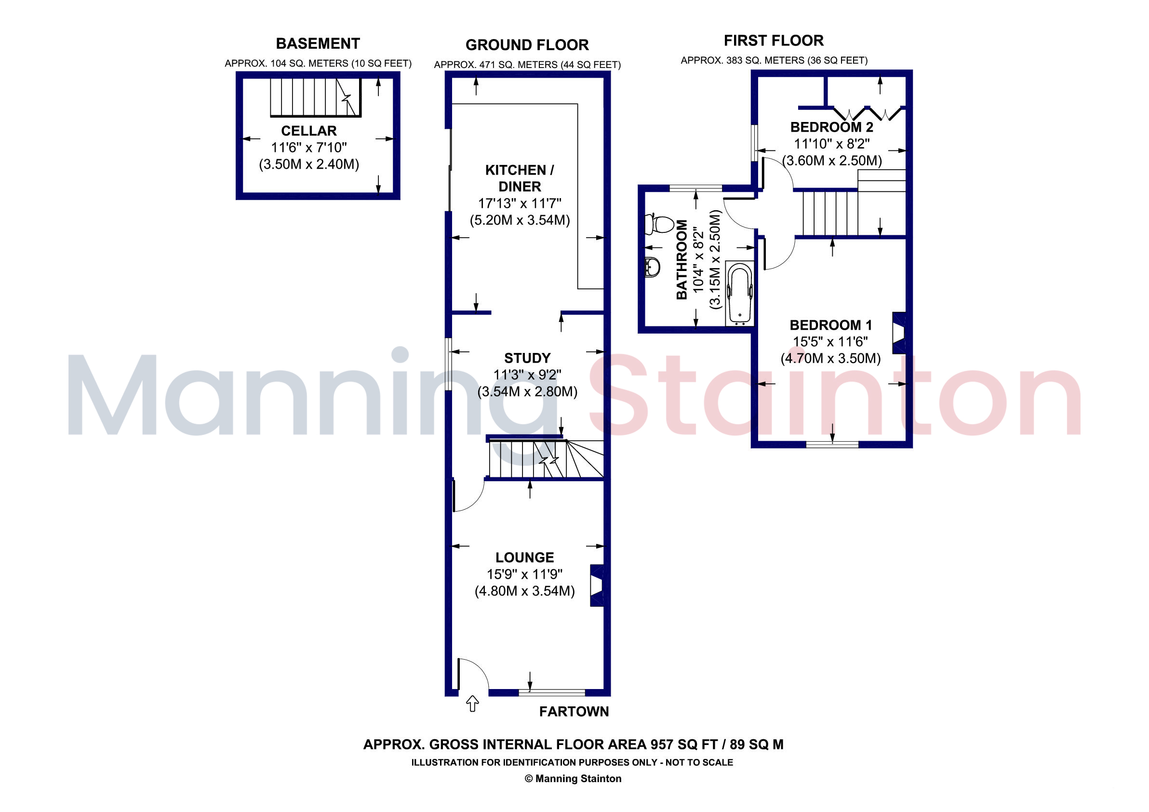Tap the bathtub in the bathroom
coord(740,293)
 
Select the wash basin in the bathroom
coord(652,267)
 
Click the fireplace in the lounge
coord(597,586)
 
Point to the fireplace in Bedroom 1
coord(899,333)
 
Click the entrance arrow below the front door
coord(472,704)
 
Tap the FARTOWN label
coord(574,711)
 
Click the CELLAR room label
coord(309,131)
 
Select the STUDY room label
coord(527,358)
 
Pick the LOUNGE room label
coord(525,557)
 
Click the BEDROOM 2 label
coord(832,127)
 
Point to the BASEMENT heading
coord(318,43)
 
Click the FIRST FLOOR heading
coord(774,41)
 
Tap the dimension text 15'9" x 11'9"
coord(525,574)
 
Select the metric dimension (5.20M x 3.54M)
coord(520,220)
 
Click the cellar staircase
coord(316,97)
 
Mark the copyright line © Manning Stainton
coord(573,778)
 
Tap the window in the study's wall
coord(449,364)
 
